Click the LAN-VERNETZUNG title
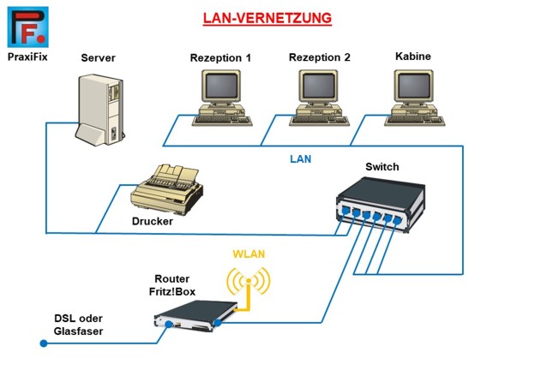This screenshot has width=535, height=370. tap(267, 17)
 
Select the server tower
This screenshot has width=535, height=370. tap(101, 108)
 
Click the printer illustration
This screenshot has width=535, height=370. tap(167, 188)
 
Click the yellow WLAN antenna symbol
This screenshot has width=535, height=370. tap(247, 282)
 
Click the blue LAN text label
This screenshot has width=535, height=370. tap(300, 158)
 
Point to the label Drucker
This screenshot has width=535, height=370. tap(153, 221)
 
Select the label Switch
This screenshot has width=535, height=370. tap(382, 166)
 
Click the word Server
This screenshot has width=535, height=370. tap(98, 58)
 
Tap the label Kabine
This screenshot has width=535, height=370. tap(412, 57)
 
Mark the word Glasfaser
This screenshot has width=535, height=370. tap(80, 331)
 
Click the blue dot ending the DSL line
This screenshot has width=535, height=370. tap(42, 344)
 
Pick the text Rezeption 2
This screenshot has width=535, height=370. tap(320, 58)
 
